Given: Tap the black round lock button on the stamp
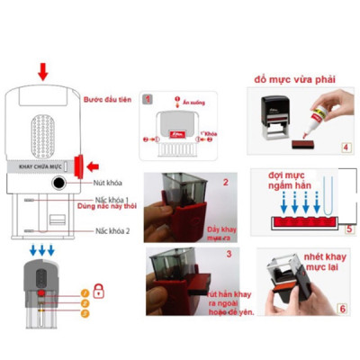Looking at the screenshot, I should (x=59, y=183).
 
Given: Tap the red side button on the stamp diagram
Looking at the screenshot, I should (x=80, y=166).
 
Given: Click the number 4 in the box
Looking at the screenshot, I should (x=346, y=147).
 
